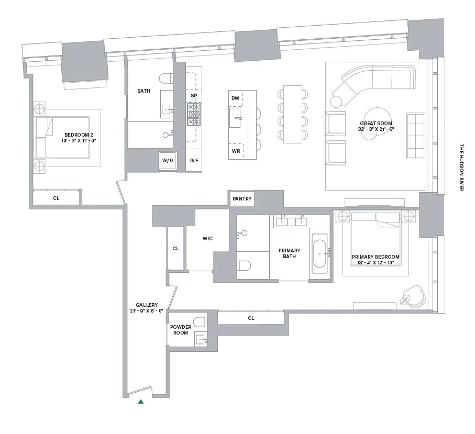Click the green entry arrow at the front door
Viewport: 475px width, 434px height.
coord(140,402)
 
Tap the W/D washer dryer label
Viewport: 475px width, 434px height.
coord(168,161)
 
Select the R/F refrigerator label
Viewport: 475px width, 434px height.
coord(194,161)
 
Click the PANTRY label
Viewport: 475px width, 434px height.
coord(242,199)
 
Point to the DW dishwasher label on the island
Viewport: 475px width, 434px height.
coord(235,98)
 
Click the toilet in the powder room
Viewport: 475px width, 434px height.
coord(200,321)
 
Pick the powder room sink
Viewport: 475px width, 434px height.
coord(200,340)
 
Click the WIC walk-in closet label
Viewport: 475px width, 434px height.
coord(208,239)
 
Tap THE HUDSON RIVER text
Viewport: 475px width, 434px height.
coord(461,168)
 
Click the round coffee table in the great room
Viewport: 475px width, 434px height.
coord(375,120)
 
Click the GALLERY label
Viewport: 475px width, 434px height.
coord(147,308)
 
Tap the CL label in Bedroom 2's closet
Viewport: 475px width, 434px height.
coord(56,198)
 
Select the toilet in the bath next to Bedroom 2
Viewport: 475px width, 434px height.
coord(167,79)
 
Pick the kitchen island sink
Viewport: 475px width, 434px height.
coord(235,118)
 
